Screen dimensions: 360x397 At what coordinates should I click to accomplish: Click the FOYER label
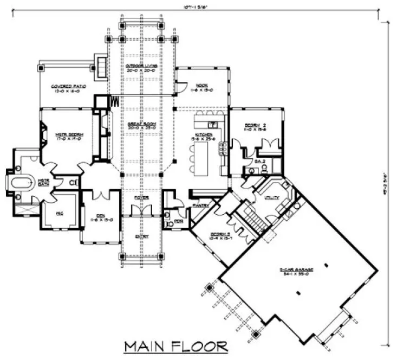pos(141,198)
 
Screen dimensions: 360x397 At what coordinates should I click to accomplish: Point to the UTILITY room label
pos(271,198)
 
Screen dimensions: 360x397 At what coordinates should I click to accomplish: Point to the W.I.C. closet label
pos(61,214)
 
